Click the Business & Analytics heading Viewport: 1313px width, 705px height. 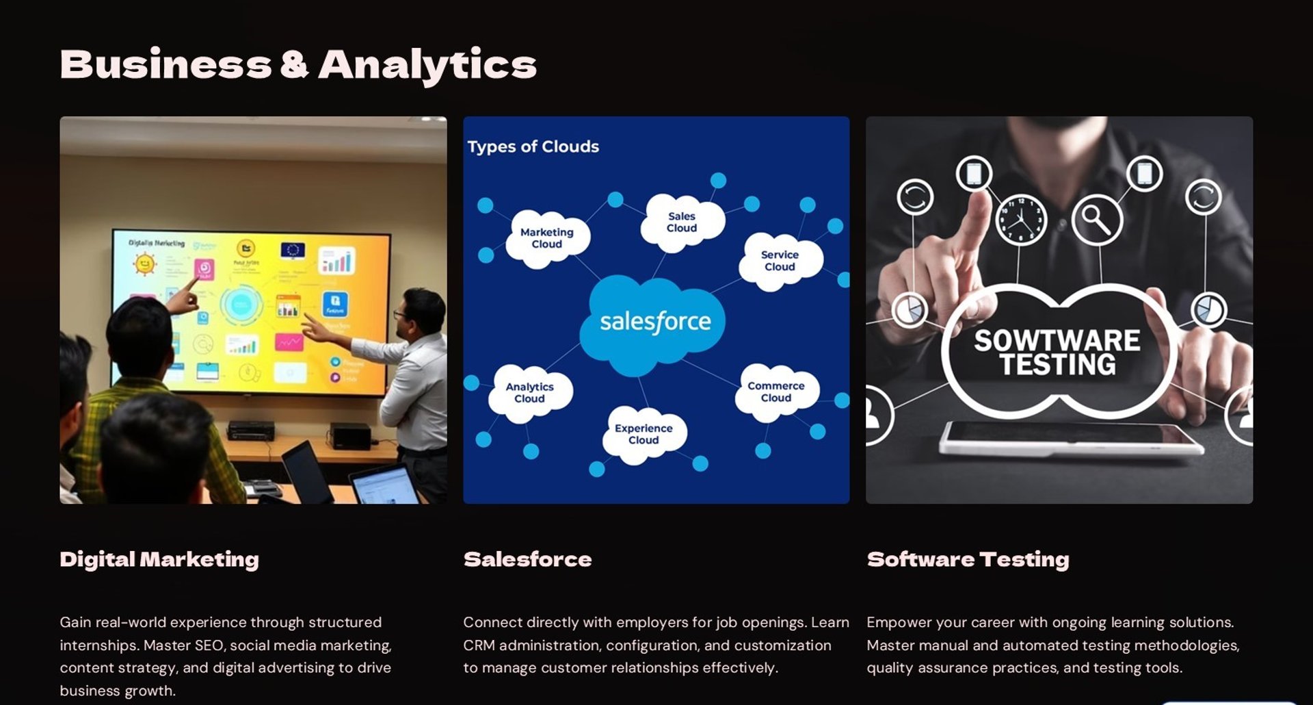(298, 65)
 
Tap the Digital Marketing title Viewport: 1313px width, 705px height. (159, 559)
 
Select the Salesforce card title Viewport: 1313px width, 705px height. (527, 559)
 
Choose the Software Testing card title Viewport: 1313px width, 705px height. (968, 559)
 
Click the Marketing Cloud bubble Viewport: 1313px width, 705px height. (547, 238)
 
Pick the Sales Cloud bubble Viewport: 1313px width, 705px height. (682, 222)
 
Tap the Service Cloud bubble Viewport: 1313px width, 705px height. (780, 261)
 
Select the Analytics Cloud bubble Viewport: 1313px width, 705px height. (530, 393)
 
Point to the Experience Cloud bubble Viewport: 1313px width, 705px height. (644, 434)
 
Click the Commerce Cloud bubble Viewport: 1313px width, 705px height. (776, 392)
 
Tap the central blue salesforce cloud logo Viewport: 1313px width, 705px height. (654, 322)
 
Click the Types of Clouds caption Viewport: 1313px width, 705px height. (533, 146)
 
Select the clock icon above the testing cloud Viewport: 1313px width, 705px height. (1021, 220)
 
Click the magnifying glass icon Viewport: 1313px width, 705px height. (1097, 220)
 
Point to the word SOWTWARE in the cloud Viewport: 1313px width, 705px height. (1057, 340)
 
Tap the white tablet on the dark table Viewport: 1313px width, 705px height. (1071, 438)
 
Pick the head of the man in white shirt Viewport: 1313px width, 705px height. (422, 312)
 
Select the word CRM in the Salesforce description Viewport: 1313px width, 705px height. (478, 645)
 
